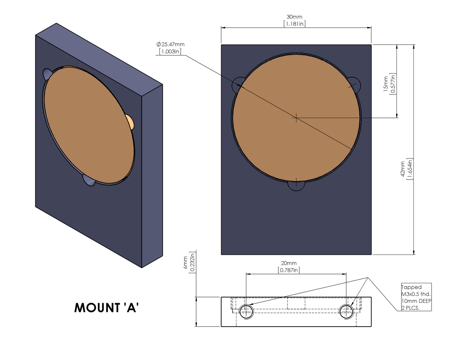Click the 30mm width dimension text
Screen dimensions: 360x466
294,17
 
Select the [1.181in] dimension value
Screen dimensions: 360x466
294,24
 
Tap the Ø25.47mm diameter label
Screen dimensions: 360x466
171,45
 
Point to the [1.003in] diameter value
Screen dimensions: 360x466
170,51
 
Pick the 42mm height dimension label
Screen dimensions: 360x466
403,168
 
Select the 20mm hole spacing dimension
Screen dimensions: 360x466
289,263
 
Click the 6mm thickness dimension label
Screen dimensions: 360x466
186,264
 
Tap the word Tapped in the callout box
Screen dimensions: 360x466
411,287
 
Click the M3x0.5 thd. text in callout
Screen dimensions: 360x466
416,294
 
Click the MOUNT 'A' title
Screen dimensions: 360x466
106,307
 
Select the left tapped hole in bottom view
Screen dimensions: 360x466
246,311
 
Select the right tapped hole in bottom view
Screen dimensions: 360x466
347,311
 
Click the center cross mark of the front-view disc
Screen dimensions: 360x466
296,118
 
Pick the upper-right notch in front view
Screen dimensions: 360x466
355,83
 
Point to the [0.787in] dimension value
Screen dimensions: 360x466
289,270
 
